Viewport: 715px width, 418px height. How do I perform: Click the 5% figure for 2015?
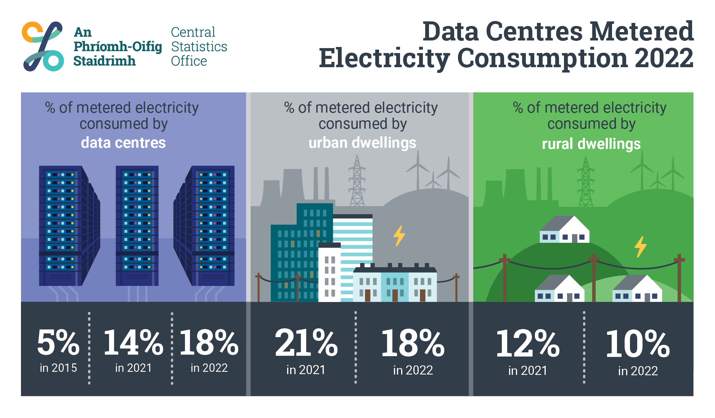[58, 342]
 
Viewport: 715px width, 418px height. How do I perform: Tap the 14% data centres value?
[133, 342]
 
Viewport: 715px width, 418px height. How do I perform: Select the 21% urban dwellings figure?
[306, 343]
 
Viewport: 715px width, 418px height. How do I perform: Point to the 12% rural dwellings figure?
[527, 344]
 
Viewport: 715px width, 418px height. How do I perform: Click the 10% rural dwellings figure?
[638, 344]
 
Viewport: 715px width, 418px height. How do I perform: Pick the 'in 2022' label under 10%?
[638, 371]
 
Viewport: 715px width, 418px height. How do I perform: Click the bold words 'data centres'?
[123, 143]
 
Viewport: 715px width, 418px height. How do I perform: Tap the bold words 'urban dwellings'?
[362, 143]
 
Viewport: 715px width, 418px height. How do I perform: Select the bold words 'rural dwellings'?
[591, 144]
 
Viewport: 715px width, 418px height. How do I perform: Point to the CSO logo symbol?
[43, 46]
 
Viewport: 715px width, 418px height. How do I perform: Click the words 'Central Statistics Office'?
[198, 47]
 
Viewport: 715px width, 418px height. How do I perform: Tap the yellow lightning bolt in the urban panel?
[399, 236]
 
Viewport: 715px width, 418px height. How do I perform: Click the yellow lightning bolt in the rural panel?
[640, 246]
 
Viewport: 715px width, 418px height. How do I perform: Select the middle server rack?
[137, 225]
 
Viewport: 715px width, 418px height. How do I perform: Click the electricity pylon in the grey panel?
[357, 181]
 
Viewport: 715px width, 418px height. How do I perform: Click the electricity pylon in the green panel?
[585, 182]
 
